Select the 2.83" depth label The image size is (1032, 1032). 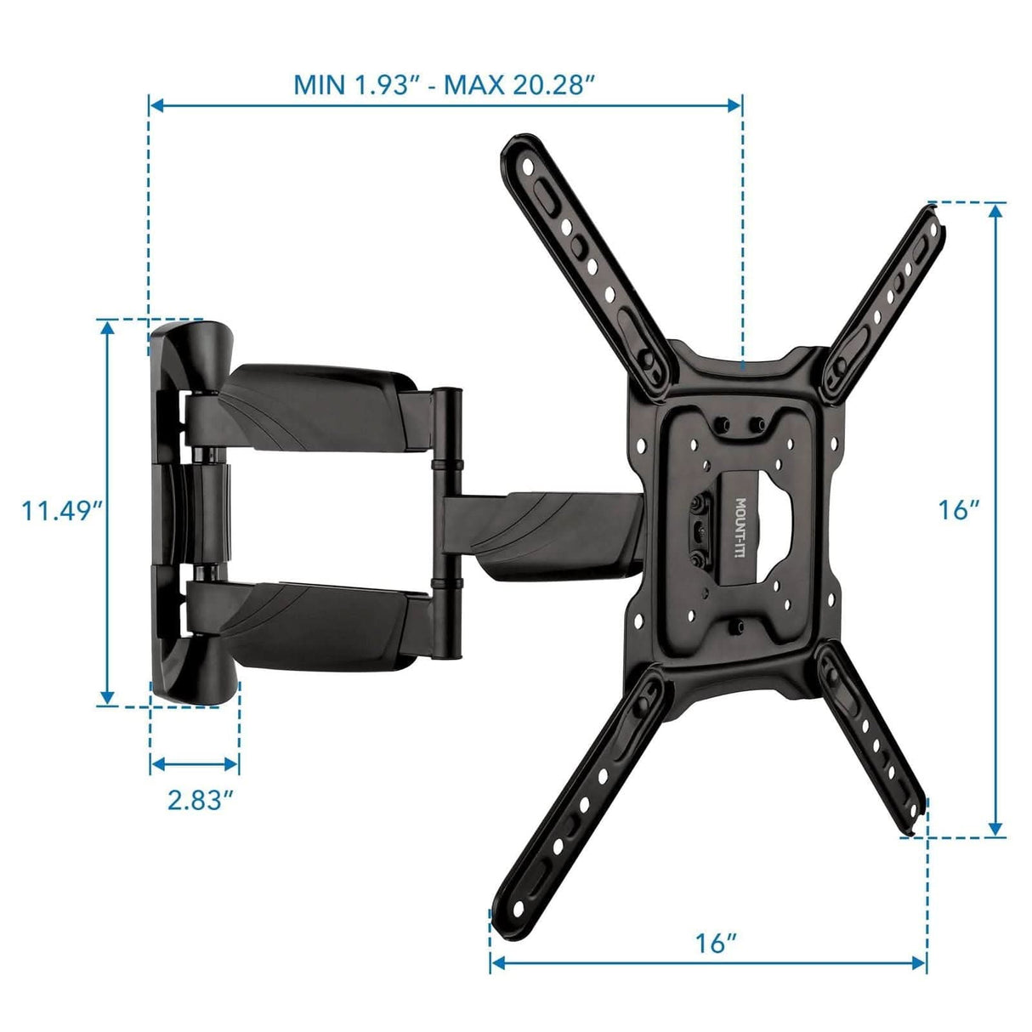click(200, 799)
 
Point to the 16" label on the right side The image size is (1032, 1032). click(958, 510)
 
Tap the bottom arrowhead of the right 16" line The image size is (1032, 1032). click(996, 829)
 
